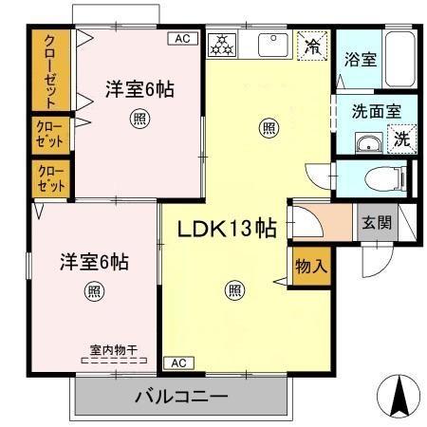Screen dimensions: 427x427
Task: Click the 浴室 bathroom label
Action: (x=360, y=59)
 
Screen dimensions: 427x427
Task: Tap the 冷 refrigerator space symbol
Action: (x=310, y=46)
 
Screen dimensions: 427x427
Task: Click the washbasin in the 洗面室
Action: (x=366, y=143)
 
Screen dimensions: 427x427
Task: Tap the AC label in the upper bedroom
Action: (x=182, y=39)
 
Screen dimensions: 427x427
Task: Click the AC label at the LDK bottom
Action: (x=177, y=362)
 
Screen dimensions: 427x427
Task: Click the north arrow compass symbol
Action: (x=398, y=394)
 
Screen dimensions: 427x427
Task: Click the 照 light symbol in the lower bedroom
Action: (x=93, y=290)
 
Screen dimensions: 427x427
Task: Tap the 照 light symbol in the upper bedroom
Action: (x=139, y=120)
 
